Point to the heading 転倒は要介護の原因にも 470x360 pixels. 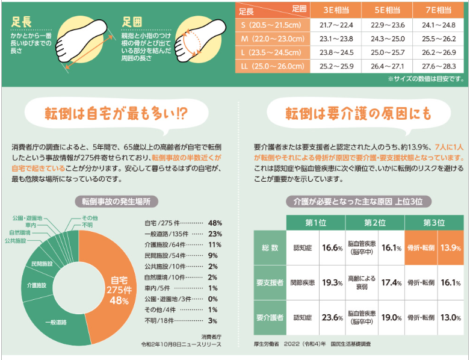pyautogui.click(x=349, y=114)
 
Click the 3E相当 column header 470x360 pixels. pyautogui.click(x=333, y=11)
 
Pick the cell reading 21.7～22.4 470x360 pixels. pyautogui.click(x=333, y=25)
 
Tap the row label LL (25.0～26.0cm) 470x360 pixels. pyautogui.click(x=270, y=66)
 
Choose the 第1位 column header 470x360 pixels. pyautogui.click(x=315, y=223)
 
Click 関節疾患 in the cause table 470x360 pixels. pyautogui.click(x=301, y=282)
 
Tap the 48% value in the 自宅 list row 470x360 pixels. pyautogui.click(x=215, y=223)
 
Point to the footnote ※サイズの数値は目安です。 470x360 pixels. pyautogui.click(x=425, y=78)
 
